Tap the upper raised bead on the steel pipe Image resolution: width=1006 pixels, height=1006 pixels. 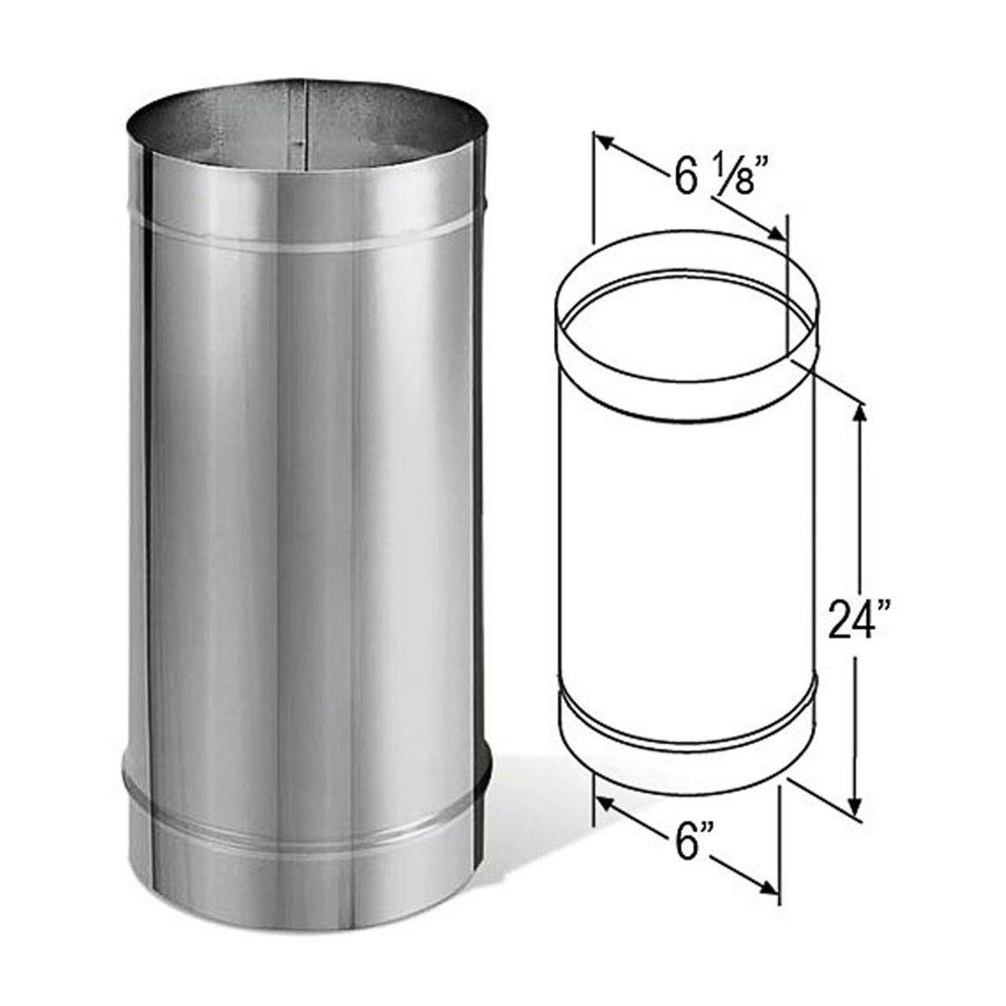pyautogui.click(x=307, y=236)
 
